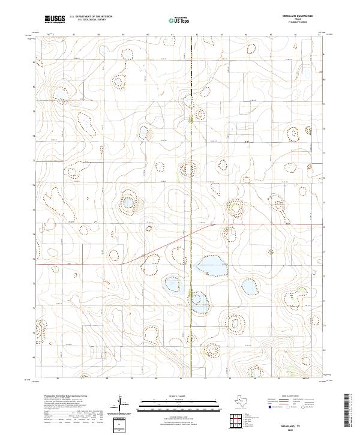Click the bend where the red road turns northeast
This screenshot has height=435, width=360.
click(123, 263)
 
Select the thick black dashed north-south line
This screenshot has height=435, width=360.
click(191, 180)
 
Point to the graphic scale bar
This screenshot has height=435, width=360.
click(170, 402)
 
